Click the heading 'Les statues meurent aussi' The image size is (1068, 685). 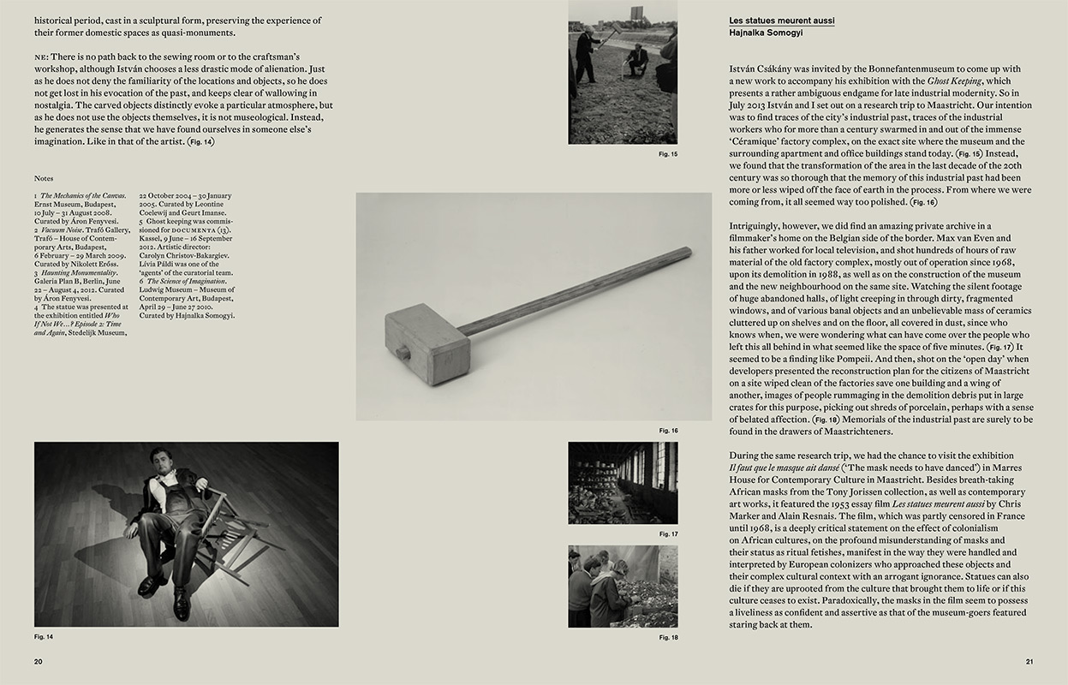tap(781, 20)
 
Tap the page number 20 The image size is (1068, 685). tap(39, 661)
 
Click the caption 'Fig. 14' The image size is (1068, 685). tap(44, 637)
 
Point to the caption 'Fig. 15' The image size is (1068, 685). tap(668, 154)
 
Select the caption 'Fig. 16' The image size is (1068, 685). tap(668, 431)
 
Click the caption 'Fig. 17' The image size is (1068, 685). tap(668, 534)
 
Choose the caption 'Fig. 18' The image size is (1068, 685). tap(668, 638)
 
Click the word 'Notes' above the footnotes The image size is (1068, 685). tap(44, 179)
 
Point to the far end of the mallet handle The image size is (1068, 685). tap(685, 253)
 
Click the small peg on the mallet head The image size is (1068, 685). tap(401, 351)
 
